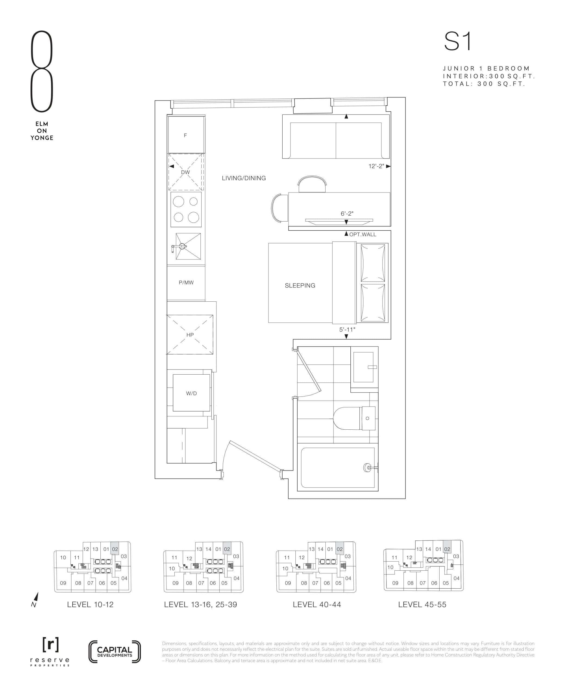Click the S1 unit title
(458, 42)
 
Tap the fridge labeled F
(186, 135)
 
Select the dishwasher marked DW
(186, 172)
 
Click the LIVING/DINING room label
(244, 178)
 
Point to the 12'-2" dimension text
(376, 166)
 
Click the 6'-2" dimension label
(347, 214)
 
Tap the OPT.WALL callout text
(363, 234)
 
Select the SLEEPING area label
(300, 285)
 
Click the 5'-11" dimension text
(347, 330)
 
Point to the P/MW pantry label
(186, 282)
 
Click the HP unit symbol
(190, 335)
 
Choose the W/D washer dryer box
(192, 393)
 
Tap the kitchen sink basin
(188, 246)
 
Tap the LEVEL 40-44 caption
(317, 604)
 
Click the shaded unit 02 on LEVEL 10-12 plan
(115, 549)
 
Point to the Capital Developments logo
(115, 652)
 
